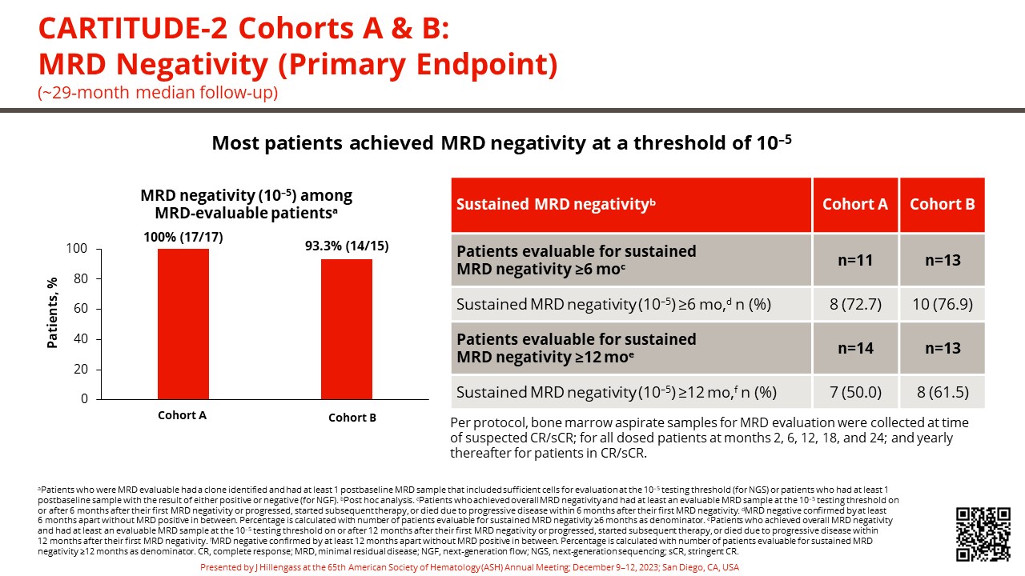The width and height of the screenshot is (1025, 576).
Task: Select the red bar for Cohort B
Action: click(x=347, y=329)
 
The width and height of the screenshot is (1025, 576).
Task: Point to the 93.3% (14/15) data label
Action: click(x=347, y=246)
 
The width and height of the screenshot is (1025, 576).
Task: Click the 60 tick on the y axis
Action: click(x=77, y=309)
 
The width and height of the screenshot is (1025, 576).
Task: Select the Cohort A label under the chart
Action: click(x=182, y=415)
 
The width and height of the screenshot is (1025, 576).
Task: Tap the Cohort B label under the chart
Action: click(x=352, y=418)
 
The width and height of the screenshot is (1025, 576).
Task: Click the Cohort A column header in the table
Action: click(x=854, y=204)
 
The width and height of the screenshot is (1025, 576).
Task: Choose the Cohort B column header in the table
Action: click(x=942, y=204)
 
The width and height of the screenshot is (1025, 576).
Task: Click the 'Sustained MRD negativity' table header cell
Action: click(x=556, y=204)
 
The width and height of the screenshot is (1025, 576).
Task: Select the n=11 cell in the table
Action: click(x=854, y=260)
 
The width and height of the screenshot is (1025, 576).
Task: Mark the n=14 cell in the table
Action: click(x=854, y=348)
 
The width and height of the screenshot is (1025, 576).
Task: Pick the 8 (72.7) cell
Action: click(x=854, y=304)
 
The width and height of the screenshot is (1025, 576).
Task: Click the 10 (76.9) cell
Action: click(x=942, y=304)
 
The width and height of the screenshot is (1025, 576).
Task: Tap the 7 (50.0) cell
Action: click(x=854, y=392)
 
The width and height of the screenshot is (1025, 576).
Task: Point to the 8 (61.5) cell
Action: click(x=942, y=392)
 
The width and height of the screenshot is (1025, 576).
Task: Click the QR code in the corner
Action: click(x=983, y=534)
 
